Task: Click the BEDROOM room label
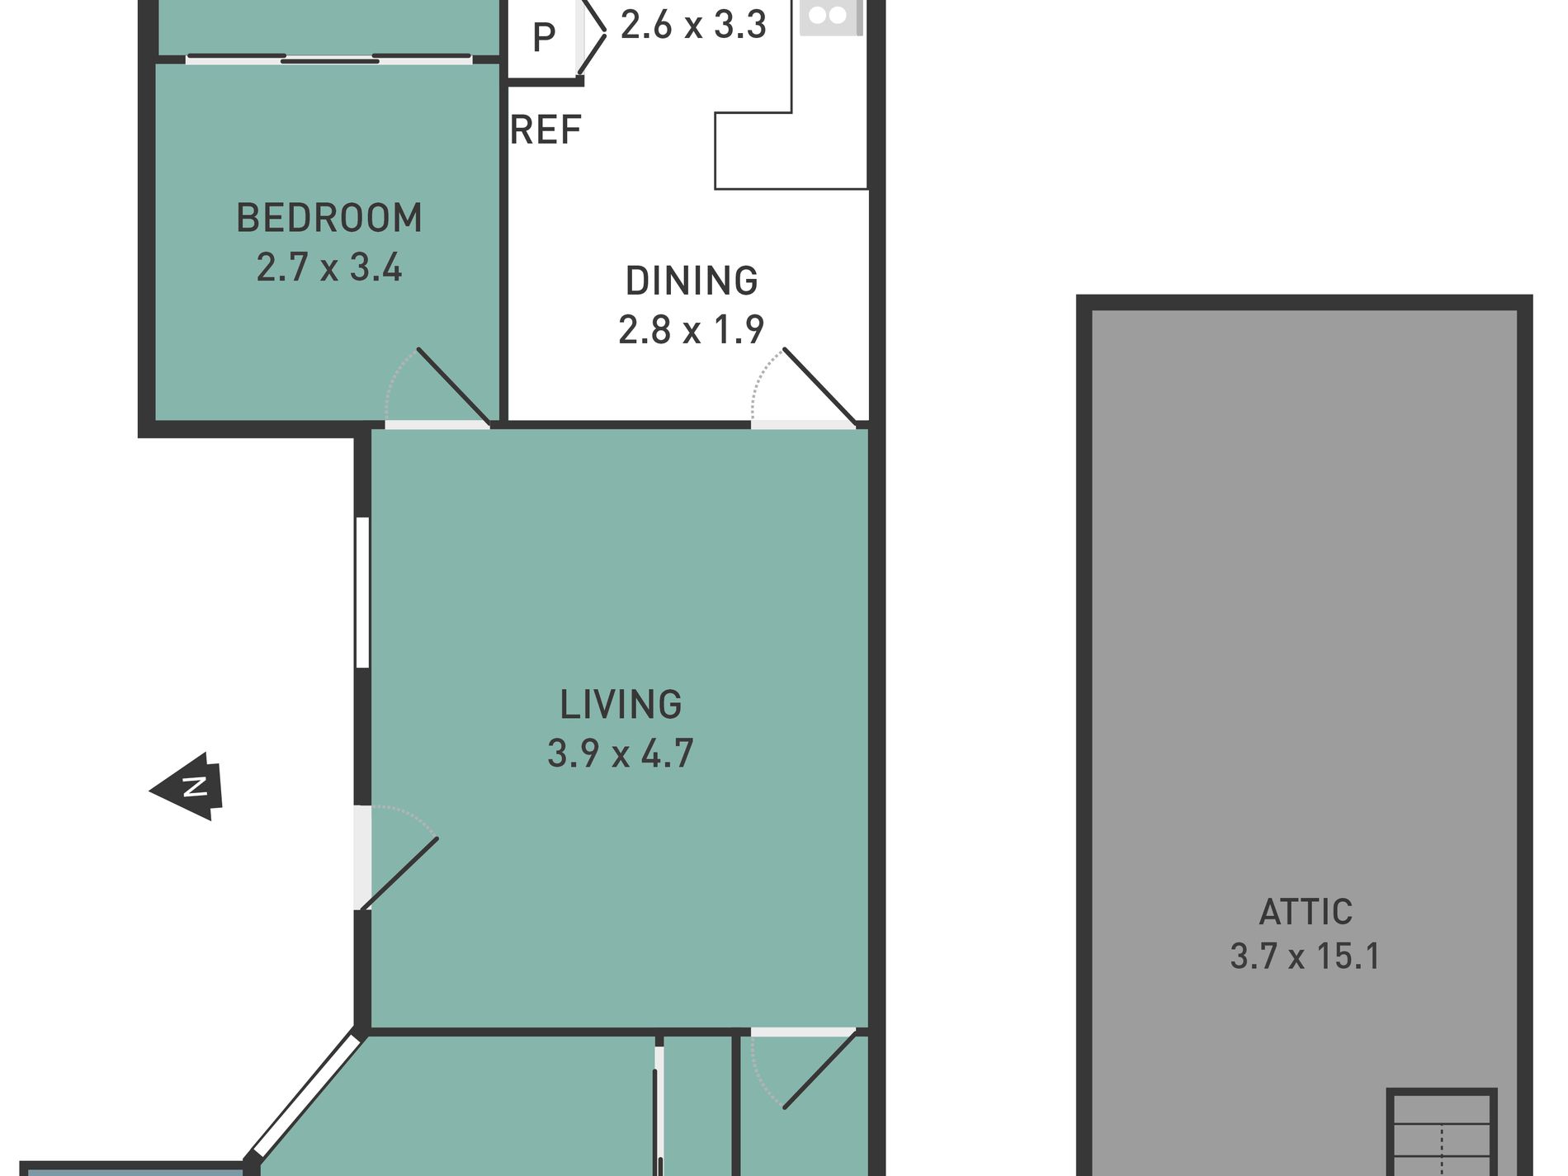[329, 219]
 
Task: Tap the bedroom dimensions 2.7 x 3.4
[329, 267]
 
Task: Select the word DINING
[692, 281]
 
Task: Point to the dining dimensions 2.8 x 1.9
[692, 330]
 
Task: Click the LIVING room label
[621, 705]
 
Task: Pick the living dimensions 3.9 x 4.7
[621, 753]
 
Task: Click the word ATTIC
[1306, 912]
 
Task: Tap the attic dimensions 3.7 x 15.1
[1306, 956]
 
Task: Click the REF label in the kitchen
[546, 130]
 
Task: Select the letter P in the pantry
[543, 37]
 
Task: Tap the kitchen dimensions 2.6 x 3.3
[693, 25]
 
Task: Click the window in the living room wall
[362, 592]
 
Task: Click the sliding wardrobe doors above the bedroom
[329, 59]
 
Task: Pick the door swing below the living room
[805, 1069]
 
